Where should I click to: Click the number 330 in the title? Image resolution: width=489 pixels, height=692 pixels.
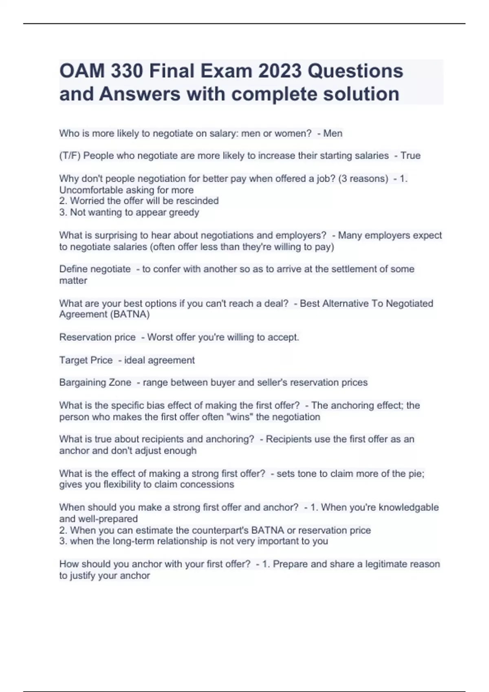126,71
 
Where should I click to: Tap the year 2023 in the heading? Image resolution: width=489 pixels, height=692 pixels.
280,71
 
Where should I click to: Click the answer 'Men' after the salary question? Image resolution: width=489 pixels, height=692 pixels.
333,134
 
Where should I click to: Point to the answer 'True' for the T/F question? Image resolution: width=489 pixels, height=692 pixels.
410,155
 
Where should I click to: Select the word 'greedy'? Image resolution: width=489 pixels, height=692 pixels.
186,212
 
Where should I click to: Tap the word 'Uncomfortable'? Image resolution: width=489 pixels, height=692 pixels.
86,190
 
